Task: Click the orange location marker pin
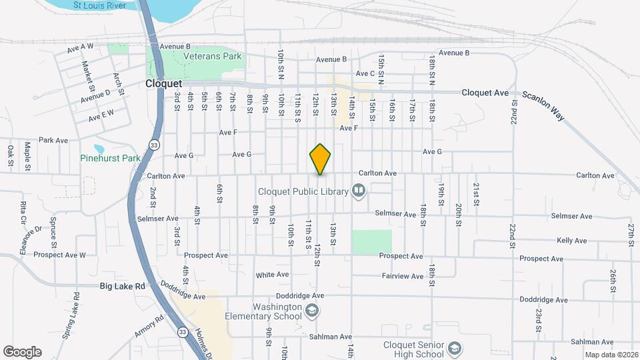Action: coord(320,159)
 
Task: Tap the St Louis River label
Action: coord(99,5)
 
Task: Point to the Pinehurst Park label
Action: coord(110,159)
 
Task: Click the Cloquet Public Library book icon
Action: coord(359,192)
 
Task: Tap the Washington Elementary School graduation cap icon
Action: coord(311,311)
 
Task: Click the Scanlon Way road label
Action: coord(543,105)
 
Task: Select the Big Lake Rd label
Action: coord(122,286)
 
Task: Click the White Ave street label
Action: coord(272,275)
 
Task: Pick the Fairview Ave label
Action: coord(403,276)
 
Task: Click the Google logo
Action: coord(22,351)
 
